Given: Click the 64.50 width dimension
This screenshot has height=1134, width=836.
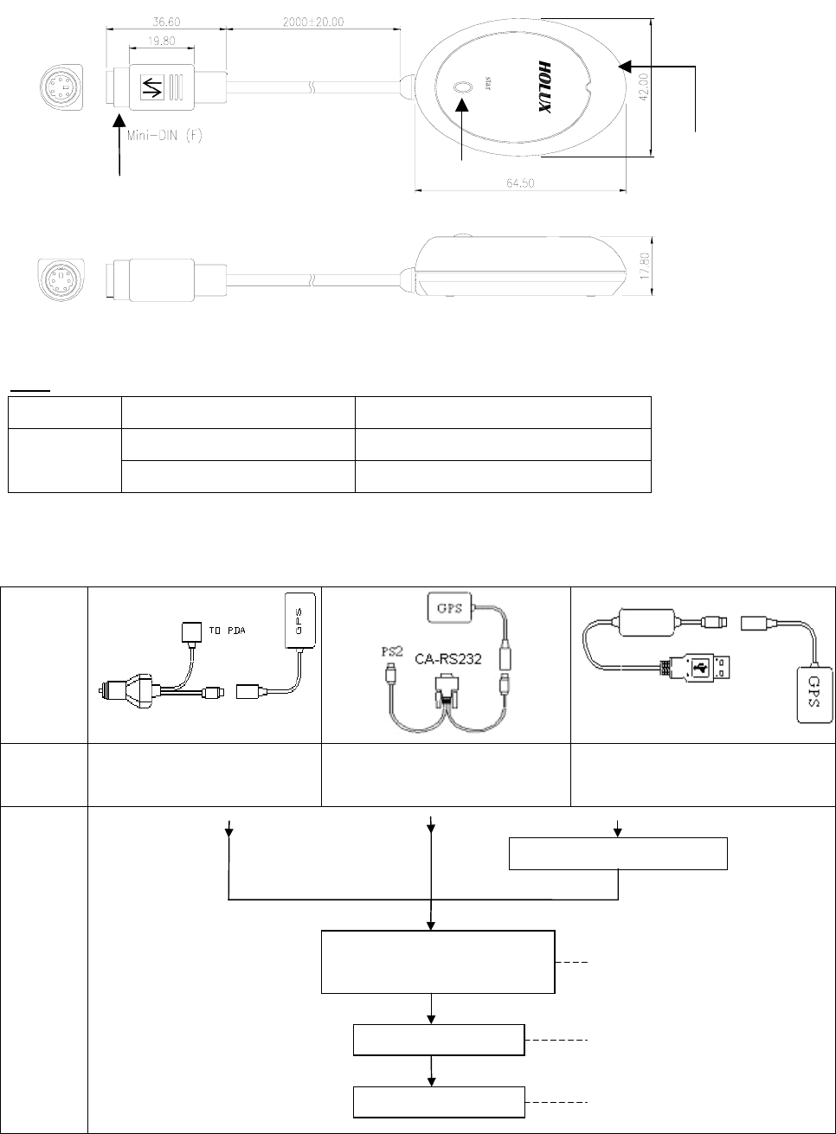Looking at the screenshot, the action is tap(521, 183).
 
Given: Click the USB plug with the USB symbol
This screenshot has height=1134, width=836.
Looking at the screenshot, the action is tap(704, 668).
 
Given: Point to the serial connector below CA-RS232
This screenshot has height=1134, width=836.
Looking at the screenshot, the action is tap(449, 691).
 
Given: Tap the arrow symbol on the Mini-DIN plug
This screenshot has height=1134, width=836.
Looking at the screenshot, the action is tap(152, 88).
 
